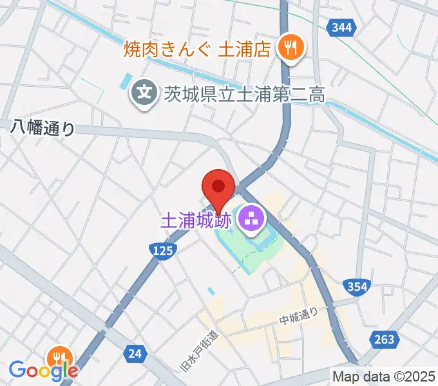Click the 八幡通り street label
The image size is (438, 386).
43,128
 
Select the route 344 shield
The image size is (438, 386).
339,27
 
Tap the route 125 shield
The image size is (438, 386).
162,251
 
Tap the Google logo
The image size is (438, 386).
43,371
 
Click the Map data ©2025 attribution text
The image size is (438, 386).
384,376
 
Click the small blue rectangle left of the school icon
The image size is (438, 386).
124,82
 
